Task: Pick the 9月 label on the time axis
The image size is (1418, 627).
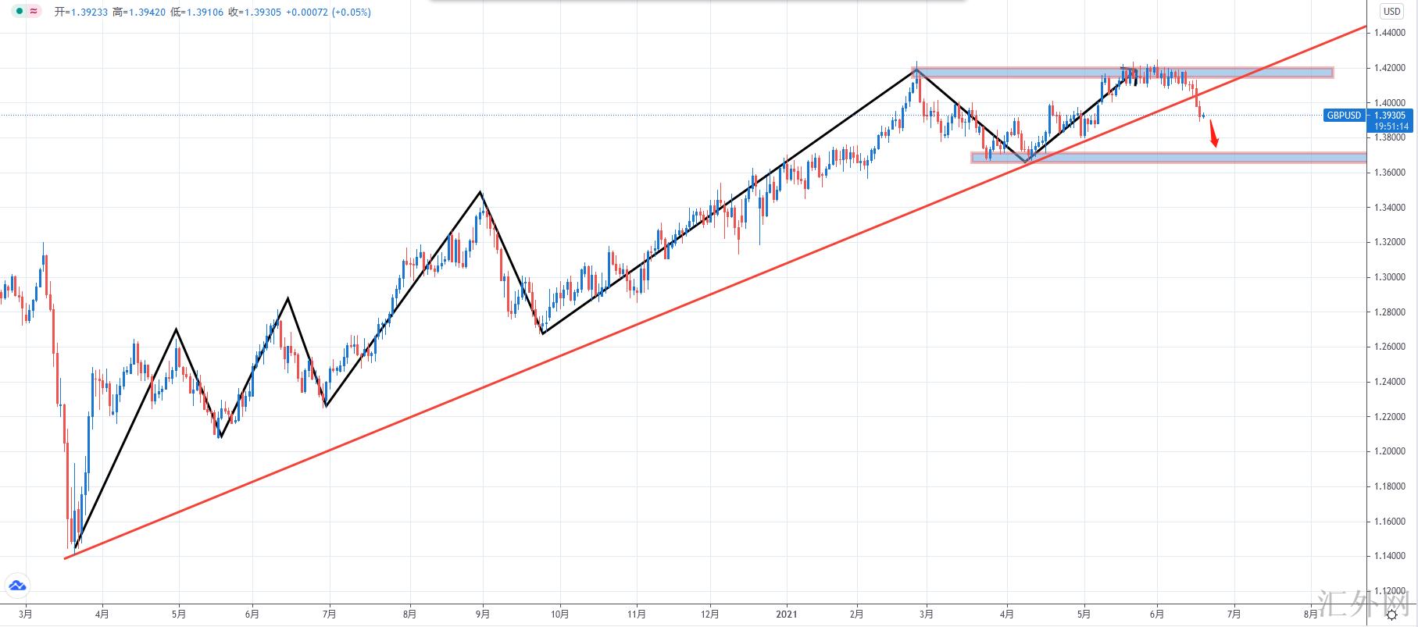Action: pos(483,614)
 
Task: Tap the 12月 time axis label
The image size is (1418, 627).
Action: pos(710,614)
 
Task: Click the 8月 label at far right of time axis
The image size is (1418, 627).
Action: pos(1313,614)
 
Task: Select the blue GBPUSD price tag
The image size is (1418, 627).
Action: pos(1344,116)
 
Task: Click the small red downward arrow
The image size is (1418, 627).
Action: pos(1213,134)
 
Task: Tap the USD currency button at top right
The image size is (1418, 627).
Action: pos(1391,12)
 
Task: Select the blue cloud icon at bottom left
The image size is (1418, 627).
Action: pos(17,585)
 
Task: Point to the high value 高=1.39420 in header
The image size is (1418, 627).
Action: pos(138,12)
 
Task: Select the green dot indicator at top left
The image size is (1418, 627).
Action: pos(20,12)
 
